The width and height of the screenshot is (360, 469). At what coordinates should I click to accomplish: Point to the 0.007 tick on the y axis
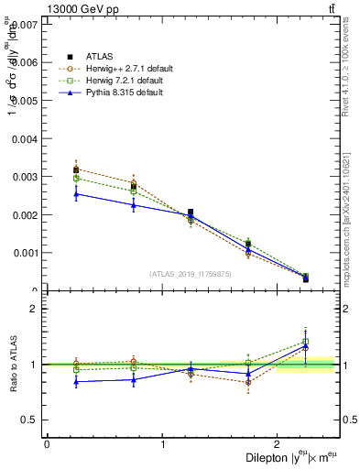[26, 24]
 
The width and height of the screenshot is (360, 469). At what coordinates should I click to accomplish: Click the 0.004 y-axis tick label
[26, 138]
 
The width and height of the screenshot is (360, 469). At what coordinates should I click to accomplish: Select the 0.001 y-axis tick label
[26, 253]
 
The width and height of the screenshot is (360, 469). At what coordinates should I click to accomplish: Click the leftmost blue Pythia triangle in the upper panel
[76, 193]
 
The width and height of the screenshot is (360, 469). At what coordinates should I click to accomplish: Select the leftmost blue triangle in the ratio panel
[76, 381]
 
